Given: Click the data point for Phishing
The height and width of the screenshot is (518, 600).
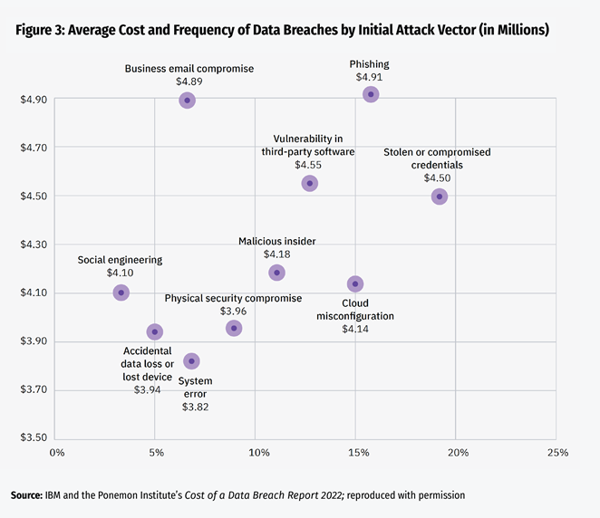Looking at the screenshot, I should (371, 94).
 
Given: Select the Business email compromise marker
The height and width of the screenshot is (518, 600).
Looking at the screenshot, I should (187, 100).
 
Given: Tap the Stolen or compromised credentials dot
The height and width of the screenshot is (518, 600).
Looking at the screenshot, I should (440, 197).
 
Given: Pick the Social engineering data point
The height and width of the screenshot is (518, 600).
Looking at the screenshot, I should (121, 293).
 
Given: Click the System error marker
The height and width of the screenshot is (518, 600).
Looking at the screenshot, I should (191, 361).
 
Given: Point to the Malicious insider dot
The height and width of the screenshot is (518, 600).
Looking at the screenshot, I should (277, 273).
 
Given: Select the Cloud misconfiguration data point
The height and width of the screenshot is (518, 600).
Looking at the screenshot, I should (355, 284).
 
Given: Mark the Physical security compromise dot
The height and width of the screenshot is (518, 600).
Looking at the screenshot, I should (234, 328).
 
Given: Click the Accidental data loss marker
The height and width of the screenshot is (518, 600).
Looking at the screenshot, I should (155, 332).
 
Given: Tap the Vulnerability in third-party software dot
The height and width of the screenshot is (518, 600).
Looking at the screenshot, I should (310, 183).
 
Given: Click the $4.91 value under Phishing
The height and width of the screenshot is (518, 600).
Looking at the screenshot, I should (370, 78).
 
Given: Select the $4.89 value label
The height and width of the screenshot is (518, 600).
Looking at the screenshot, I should (189, 82).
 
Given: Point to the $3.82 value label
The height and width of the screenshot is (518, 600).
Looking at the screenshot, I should (194, 408).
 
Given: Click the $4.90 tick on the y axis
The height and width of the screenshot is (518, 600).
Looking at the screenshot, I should (34, 99).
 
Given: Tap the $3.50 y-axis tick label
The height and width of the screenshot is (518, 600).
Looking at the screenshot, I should (34, 438).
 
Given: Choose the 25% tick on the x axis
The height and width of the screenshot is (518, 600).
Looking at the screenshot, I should (556, 453).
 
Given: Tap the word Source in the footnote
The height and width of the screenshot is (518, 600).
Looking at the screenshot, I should (25, 495).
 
